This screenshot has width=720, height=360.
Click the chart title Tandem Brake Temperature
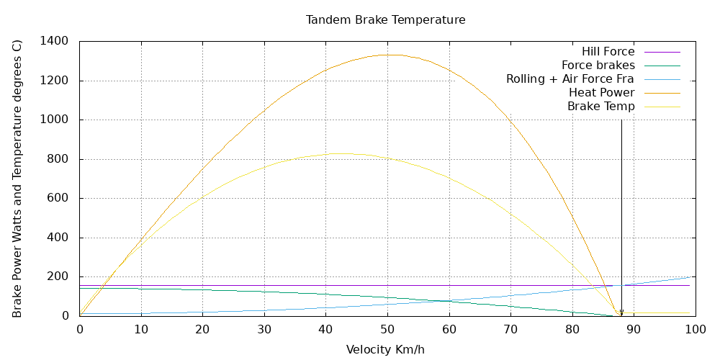pyautogui.click(x=385, y=19)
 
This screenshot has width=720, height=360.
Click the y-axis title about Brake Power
pyautogui.click(x=17, y=179)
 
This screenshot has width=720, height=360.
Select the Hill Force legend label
pyautogui.click(x=608, y=52)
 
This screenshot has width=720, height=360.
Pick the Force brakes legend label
pyautogui.click(x=598, y=66)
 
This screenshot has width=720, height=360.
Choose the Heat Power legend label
pyautogui.click(x=601, y=93)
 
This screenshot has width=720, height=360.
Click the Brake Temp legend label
pyautogui.click(x=600, y=107)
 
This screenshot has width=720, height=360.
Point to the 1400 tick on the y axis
pyautogui.click(x=55, y=41)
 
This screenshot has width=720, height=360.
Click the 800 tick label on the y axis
pyautogui.click(x=59, y=159)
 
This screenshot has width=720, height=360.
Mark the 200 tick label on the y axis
pyautogui.click(x=59, y=277)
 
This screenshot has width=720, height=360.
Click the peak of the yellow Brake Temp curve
pyautogui.click(x=338, y=153)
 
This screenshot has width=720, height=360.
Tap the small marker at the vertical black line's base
pyautogui.click(x=621, y=312)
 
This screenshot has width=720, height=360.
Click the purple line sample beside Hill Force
pyautogui.click(x=662, y=52)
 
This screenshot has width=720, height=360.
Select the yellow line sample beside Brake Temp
pyautogui.click(x=662, y=107)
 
